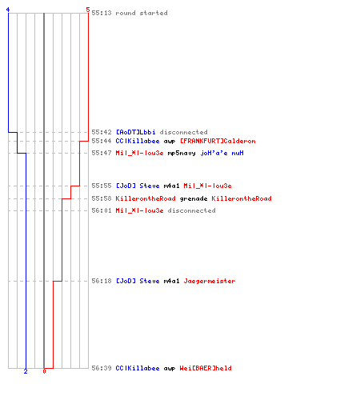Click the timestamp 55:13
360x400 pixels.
pyautogui.click(x=102, y=13)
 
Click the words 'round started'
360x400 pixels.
pyautogui.click(x=142, y=13)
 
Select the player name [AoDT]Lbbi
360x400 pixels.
pyautogui.click(x=135, y=132)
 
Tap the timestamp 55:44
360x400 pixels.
pyautogui.click(x=102, y=141)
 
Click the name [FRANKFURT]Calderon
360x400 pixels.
pyautogui.click(x=218, y=141)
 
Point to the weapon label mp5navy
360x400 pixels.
pyautogui.click(x=182, y=153)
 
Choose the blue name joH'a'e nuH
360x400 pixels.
pyautogui.click(x=222, y=153)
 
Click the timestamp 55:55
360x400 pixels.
pyautogui.click(x=102, y=186)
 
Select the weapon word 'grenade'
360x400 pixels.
pyautogui.click(x=194, y=198)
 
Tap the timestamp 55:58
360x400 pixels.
pyautogui.click(x=102, y=198)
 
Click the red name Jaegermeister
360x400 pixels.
pyautogui.click(x=210, y=281)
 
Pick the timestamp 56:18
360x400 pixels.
pyautogui.click(x=102, y=281)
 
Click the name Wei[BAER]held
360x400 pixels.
pyautogui.click(x=206, y=368)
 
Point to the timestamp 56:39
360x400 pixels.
pyautogui.click(x=102, y=368)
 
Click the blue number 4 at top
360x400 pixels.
pyautogui.click(x=8, y=10)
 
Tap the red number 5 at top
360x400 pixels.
pyautogui.click(x=88, y=10)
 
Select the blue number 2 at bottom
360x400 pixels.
pyautogui.click(x=26, y=371)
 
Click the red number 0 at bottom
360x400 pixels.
pyautogui.click(x=44, y=371)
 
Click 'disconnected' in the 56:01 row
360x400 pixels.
pyautogui.click(x=191, y=210)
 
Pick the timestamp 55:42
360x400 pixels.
pyautogui.click(x=102, y=132)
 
